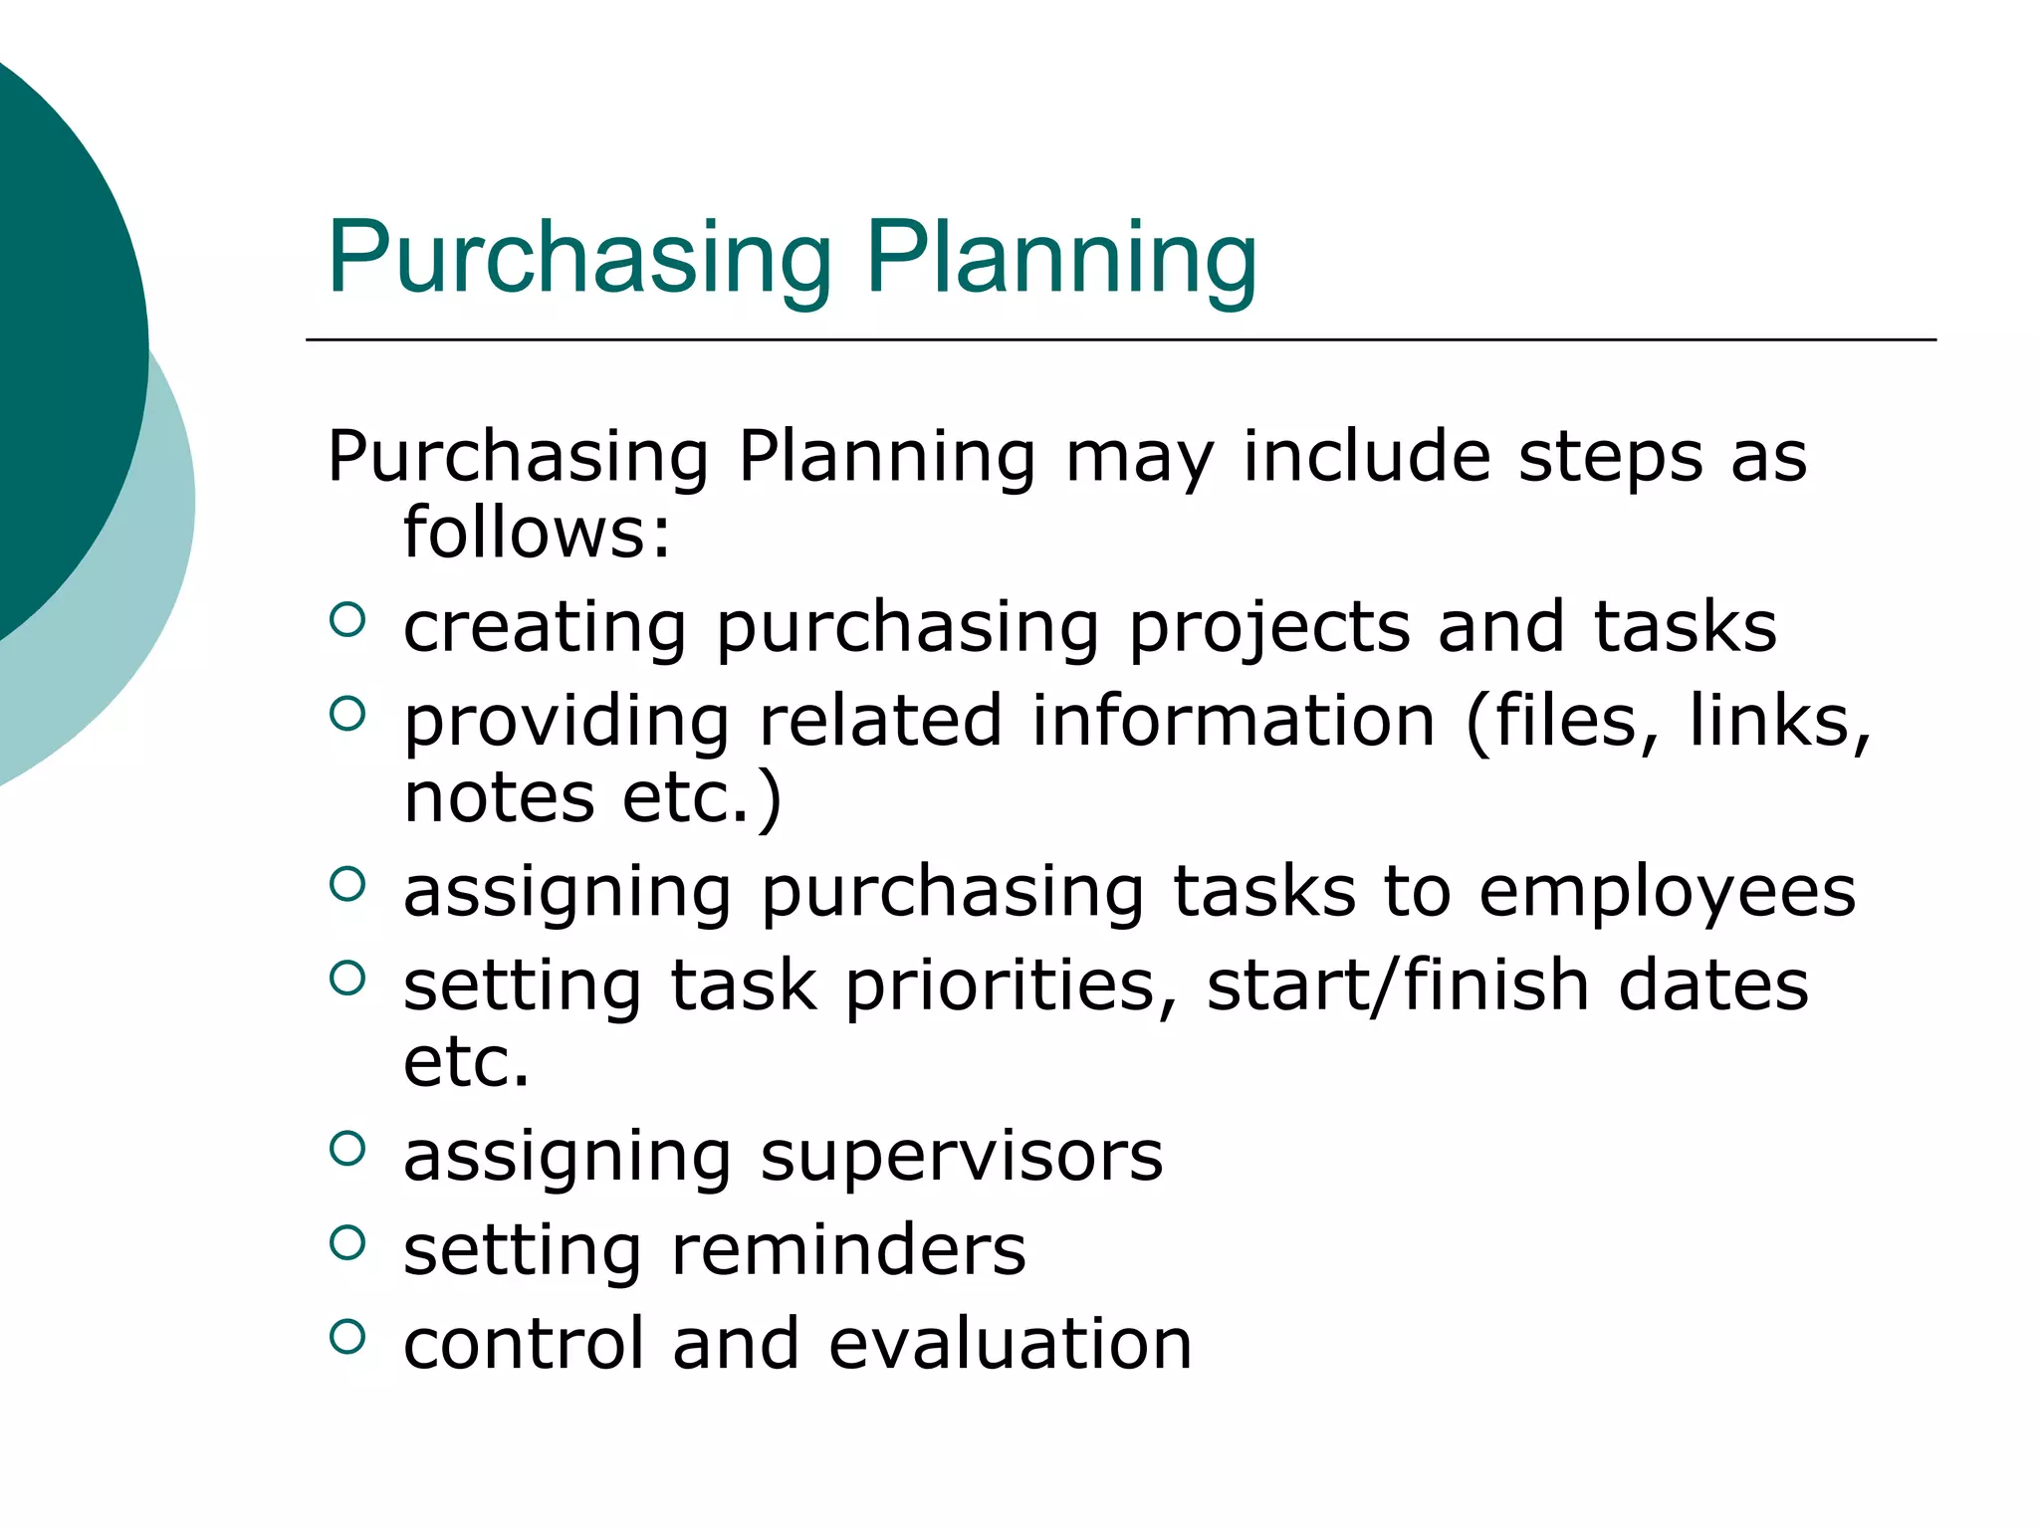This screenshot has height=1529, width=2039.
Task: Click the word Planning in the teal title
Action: coord(1061,259)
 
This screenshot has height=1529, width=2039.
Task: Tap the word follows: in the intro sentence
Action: coord(537,533)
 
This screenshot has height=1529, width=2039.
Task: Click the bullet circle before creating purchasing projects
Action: coord(346,620)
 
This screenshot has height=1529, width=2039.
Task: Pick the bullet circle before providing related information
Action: coord(346,714)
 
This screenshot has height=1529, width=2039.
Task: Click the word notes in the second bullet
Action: coord(499,798)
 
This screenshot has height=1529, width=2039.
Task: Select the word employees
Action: coord(1667,892)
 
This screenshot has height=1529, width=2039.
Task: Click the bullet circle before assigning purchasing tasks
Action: coord(346,884)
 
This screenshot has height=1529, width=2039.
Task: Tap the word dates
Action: coord(1712,985)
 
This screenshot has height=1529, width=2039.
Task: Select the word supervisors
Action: coord(961,1157)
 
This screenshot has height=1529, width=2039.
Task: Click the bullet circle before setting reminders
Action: coord(346,1242)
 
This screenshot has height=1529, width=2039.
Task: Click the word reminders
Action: coord(847,1250)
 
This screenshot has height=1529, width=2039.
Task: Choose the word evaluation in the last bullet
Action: coord(1010,1344)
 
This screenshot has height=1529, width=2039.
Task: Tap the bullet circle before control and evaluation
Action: coord(346,1336)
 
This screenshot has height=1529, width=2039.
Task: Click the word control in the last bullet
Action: coord(524,1344)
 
